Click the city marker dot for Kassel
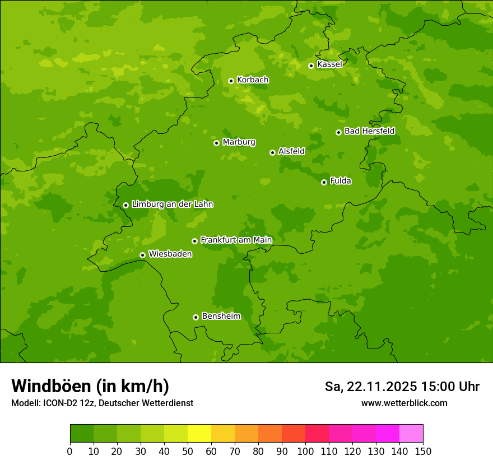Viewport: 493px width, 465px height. coord(311,66)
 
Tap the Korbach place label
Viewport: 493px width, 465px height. coord(253,80)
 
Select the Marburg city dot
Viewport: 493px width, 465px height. coord(216,143)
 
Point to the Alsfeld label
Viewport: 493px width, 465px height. coord(291,151)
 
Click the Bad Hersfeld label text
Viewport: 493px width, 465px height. coord(369,131)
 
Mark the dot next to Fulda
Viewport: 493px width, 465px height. coord(324,182)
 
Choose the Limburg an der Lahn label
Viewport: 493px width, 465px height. coord(172,204)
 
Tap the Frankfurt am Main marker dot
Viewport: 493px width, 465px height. coord(194,241)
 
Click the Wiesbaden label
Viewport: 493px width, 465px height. coord(170,254)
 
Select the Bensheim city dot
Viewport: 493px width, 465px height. coord(196,317)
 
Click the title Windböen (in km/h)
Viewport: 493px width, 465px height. coord(90,386)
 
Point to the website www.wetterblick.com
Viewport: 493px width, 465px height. coord(404,403)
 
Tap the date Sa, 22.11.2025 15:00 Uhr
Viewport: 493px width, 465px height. coord(402,387)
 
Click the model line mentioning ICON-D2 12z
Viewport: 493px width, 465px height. coord(102,403)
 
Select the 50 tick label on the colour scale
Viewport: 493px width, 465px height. coord(188,452)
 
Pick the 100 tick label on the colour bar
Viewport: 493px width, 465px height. coord(305,452)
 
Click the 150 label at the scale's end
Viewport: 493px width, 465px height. coord(423,452)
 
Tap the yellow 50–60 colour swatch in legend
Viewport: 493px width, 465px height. coord(199,434)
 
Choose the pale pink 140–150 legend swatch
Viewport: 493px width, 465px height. coord(411,434)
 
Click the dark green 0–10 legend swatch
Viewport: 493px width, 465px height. coord(82,434)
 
